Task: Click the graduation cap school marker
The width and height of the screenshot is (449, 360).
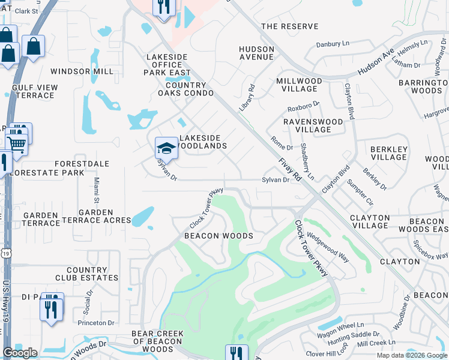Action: [x=166, y=148]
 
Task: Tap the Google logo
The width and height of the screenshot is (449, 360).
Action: [x=20, y=353]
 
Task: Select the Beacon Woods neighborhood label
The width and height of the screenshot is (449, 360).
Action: [x=218, y=236]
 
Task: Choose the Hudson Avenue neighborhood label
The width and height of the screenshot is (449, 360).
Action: [x=256, y=53]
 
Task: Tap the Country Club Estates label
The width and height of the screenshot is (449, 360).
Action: [x=87, y=274]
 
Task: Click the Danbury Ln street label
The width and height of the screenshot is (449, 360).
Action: [x=333, y=44]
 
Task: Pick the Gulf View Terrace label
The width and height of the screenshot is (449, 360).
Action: [x=35, y=91]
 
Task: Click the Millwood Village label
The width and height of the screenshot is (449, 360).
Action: [x=300, y=85]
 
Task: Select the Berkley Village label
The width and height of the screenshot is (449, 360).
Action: [x=389, y=153]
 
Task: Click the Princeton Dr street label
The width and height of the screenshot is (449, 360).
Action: [x=96, y=322]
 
